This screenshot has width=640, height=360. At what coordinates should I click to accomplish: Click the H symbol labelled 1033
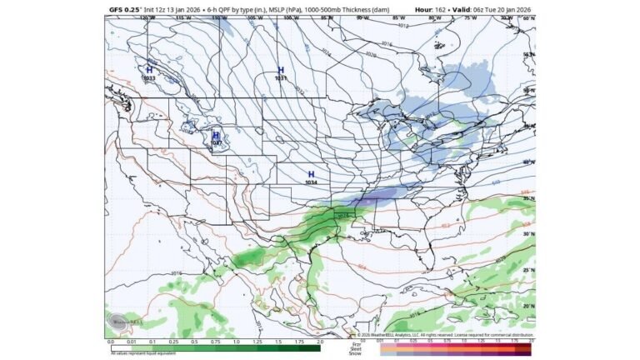click(149, 70)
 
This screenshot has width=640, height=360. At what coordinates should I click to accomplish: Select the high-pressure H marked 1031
click(281, 70)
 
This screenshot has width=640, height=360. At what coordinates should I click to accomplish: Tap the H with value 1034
click(311, 174)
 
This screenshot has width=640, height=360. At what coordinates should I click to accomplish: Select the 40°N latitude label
click(527, 162)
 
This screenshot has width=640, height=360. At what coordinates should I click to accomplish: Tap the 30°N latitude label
click(527, 234)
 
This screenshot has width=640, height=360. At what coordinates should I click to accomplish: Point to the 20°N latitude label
click(527, 306)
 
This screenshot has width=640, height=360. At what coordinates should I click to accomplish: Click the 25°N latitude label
click(527, 270)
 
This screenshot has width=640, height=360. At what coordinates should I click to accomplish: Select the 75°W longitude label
click(470, 17)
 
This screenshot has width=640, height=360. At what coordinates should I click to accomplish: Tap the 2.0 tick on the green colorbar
click(320, 342)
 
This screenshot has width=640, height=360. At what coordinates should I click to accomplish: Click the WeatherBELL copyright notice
click(450, 336)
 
